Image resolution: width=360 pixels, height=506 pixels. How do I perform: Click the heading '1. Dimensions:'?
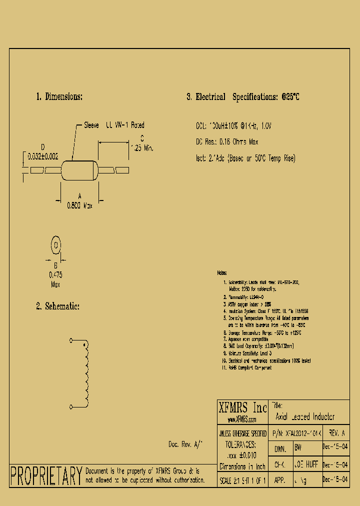[x=59, y=97]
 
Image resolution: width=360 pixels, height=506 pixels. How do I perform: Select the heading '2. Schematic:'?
[x=57, y=306]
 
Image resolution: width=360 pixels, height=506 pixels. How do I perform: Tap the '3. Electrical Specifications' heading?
[x=243, y=97]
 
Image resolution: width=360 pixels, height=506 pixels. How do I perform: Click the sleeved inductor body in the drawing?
[x=79, y=170]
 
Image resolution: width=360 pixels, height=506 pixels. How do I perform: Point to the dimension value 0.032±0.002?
[x=42, y=156]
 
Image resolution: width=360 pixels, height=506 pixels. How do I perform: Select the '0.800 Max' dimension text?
[x=80, y=204]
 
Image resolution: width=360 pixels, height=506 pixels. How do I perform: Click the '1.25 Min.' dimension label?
[x=141, y=148]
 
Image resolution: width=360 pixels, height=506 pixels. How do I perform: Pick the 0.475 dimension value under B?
[x=55, y=274]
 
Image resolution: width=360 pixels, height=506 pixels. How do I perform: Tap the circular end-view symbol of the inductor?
[x=56, y=245]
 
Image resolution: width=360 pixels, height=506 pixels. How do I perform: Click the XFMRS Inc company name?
[x=242, y=406]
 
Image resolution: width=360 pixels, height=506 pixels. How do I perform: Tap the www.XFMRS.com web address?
[x=242, y=419]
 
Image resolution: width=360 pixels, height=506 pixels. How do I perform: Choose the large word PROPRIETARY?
[x=46, y=475]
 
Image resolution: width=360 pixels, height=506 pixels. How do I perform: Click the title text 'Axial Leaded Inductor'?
[x=305, y=416]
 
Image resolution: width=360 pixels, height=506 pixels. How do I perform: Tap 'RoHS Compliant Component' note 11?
[x=250, y=367]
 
